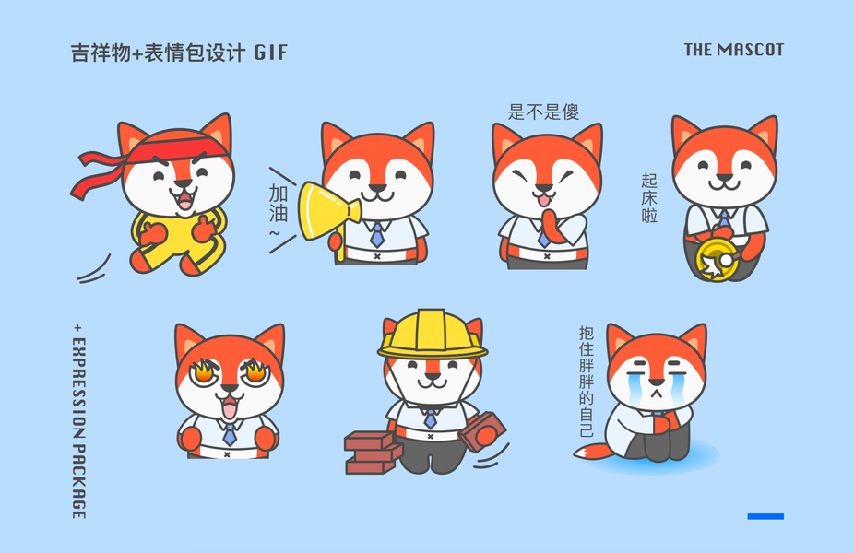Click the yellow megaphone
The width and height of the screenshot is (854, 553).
point(326,211)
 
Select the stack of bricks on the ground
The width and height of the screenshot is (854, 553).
point(374,453)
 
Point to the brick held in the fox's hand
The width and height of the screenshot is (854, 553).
point(482,432)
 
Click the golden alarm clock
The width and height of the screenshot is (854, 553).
point(715,259)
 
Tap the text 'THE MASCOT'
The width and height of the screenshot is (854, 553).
point(733,50)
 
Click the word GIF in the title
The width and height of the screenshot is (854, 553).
point(270,53)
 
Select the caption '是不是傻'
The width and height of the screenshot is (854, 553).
point(543,112)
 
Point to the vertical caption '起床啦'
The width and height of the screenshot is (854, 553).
point(648,198)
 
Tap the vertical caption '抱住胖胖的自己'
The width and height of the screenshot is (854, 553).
point(586,382)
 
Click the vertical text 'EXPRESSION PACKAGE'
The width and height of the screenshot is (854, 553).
point(79,422)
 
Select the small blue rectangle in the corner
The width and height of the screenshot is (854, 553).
point(765,516)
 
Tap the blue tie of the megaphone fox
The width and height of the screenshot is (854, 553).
point(377,235)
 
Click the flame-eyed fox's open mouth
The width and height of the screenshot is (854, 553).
point(229,406)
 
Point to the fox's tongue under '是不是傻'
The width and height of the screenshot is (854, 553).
point(543,202)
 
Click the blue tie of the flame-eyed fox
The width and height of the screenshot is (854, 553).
point(230,434)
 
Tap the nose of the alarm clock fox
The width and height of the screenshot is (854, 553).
point(724,177)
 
